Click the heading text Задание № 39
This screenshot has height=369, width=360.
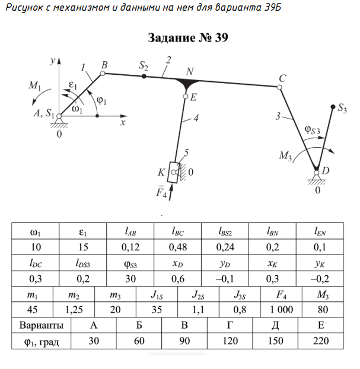[x=188, y=39]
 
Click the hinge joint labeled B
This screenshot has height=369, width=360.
[x=103, y=74]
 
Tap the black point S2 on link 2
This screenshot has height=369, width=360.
[x=144, y=77]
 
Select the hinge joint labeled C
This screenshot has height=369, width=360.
[x=281, y=87]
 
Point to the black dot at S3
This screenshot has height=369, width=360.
[x=332, y=107]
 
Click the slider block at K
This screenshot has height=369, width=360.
[x=173, y=173]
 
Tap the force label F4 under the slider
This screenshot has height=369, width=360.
[x=160, y=192]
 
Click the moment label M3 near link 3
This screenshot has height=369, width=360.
[x=286, y=155]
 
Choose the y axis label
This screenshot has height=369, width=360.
[x=53, y=61]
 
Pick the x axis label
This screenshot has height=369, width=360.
[x=123, y=122]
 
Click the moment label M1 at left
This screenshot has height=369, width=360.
[x=34, y=85]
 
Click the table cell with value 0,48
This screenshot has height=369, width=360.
[x=177, y=246]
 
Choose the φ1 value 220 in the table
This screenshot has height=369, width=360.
[x=321, y=341]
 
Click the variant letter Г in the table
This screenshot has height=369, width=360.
[x=230, y=326]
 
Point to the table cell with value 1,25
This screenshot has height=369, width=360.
[x=74, y=310]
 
